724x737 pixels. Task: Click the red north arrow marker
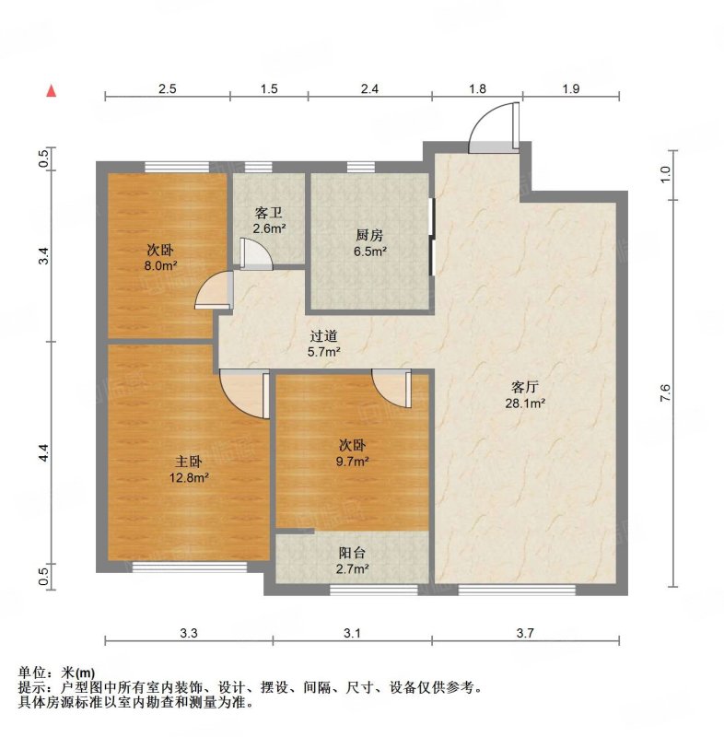click(52, 91)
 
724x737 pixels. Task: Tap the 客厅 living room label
click(525, 387)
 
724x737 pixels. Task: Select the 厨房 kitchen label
click(369, 235)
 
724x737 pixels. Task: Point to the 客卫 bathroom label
click(269, 213)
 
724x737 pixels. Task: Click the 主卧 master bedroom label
click(189, 462)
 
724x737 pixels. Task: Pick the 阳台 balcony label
click(352, 553)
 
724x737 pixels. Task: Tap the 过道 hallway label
click(323, 335)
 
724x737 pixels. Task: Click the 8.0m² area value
click(160, 265)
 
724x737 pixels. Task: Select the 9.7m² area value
click(352, 462)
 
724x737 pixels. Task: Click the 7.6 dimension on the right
click(665, 393)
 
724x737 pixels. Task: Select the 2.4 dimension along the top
click(369, 88)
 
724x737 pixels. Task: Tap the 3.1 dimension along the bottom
click(352, 633)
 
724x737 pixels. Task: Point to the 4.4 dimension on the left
click(43, 452)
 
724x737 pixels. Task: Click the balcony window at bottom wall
click(374, 590)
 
